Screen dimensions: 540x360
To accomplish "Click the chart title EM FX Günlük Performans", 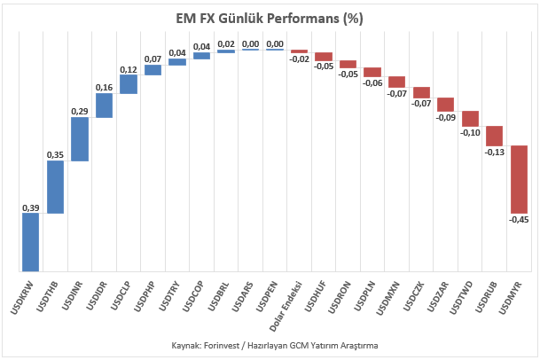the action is click(x=270, y=19).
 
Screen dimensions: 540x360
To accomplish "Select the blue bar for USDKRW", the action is click(x=31, y=242).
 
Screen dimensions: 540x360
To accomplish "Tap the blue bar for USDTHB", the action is click(x=56, y=187).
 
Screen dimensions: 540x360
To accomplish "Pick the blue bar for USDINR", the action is click(x=80, y=139).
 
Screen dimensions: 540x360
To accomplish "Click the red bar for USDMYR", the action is click(x=520, y=179).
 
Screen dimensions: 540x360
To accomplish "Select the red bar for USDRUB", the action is click(x=495, y=136).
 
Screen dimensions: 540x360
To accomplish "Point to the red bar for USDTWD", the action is click(x=471, y=119).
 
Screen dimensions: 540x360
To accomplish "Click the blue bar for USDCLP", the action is click(x=129, y=84).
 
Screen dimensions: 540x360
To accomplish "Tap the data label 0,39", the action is click(x=31, y=207).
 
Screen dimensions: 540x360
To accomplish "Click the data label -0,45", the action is click(x=519, y=219).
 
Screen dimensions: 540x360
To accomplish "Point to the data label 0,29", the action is click(x=80, y=111).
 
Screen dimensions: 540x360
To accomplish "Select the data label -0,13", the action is click(x=495, y=152).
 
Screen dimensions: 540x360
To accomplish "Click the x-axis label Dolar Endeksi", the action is click(x=286, y=307).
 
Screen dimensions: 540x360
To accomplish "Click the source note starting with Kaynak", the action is click(x=275, y=345).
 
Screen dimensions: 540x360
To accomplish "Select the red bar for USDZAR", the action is click(x=446, y=105).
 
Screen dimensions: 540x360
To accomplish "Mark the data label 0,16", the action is click(x=105, y=88).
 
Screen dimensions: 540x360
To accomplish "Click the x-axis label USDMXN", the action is click(x=387, y=298).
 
